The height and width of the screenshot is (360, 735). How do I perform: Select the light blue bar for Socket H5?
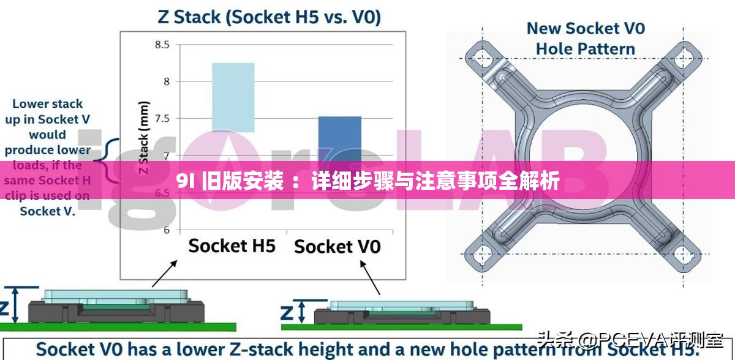233,97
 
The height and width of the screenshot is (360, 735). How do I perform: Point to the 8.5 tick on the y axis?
162,44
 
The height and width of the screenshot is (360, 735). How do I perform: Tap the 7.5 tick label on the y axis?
162,118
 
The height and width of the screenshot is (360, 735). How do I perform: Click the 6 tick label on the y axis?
166,230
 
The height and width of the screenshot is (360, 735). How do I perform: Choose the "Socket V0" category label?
337,247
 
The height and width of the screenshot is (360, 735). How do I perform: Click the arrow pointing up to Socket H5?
165,273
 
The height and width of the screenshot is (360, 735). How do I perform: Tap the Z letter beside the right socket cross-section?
287,313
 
